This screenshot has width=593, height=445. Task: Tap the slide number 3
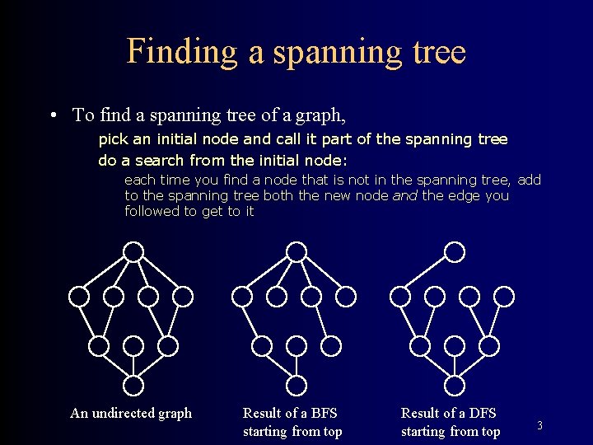tap(539, 425)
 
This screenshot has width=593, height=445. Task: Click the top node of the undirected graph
tap(133, 251)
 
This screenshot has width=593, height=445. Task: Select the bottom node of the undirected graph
tap(133, 384)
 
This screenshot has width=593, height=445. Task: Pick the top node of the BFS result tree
tap(296, 251)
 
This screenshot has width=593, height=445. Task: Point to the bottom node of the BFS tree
tap(296, 384)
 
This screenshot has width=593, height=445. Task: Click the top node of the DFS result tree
tap(454, 251)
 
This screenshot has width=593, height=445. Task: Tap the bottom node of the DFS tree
tap(454, 384)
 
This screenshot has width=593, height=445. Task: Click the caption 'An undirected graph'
tap(131, 413)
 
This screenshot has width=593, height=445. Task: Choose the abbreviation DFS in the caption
tap(479, 413)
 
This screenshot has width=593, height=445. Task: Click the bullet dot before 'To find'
tap(52, 115)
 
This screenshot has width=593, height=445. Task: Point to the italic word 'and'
tap(406, 195)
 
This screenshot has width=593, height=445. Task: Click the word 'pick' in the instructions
tap(113, 139)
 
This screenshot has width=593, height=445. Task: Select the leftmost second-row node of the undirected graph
tap(78, 295)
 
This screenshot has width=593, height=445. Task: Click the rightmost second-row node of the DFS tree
tap(505, 295)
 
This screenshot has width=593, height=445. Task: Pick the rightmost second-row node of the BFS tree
tap(347, 295)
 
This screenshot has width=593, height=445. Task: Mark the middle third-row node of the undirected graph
tap(133, 345)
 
